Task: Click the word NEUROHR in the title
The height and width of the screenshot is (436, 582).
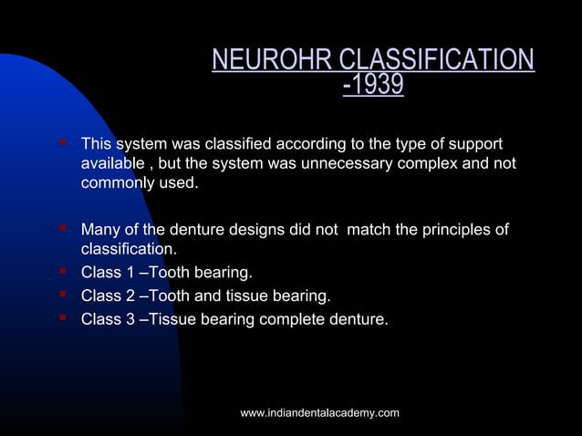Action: pyautogui.click(x=272, y=60)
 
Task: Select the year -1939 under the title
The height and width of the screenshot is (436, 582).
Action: pyautogui.click(x=373, y=87)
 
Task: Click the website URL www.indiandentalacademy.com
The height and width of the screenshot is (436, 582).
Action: pyautogui.click(x=319, y=413)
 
